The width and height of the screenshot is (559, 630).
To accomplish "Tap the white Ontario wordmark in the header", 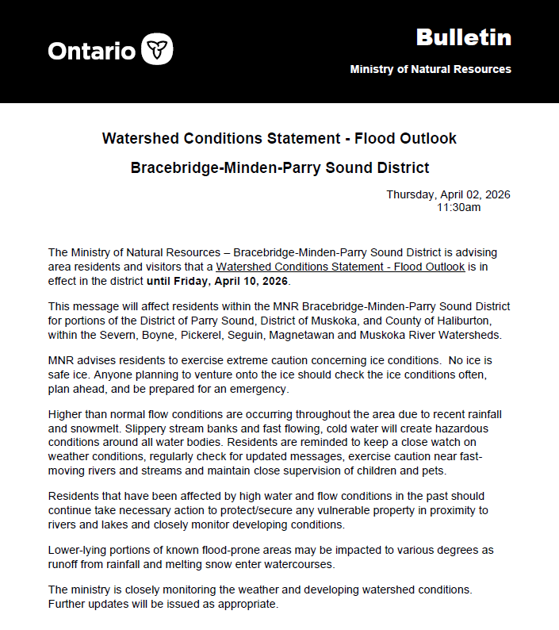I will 91,50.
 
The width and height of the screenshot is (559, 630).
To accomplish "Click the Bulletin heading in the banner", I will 463,37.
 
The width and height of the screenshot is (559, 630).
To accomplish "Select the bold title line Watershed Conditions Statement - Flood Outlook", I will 279,138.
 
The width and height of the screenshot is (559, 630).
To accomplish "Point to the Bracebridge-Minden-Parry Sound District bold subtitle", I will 279,168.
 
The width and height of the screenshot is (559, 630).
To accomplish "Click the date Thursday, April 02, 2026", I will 448,194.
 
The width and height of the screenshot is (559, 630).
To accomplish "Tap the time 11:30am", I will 458,207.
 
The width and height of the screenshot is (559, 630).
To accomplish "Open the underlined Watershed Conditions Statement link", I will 340,267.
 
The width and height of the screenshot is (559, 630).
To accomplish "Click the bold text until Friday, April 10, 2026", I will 218,281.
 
